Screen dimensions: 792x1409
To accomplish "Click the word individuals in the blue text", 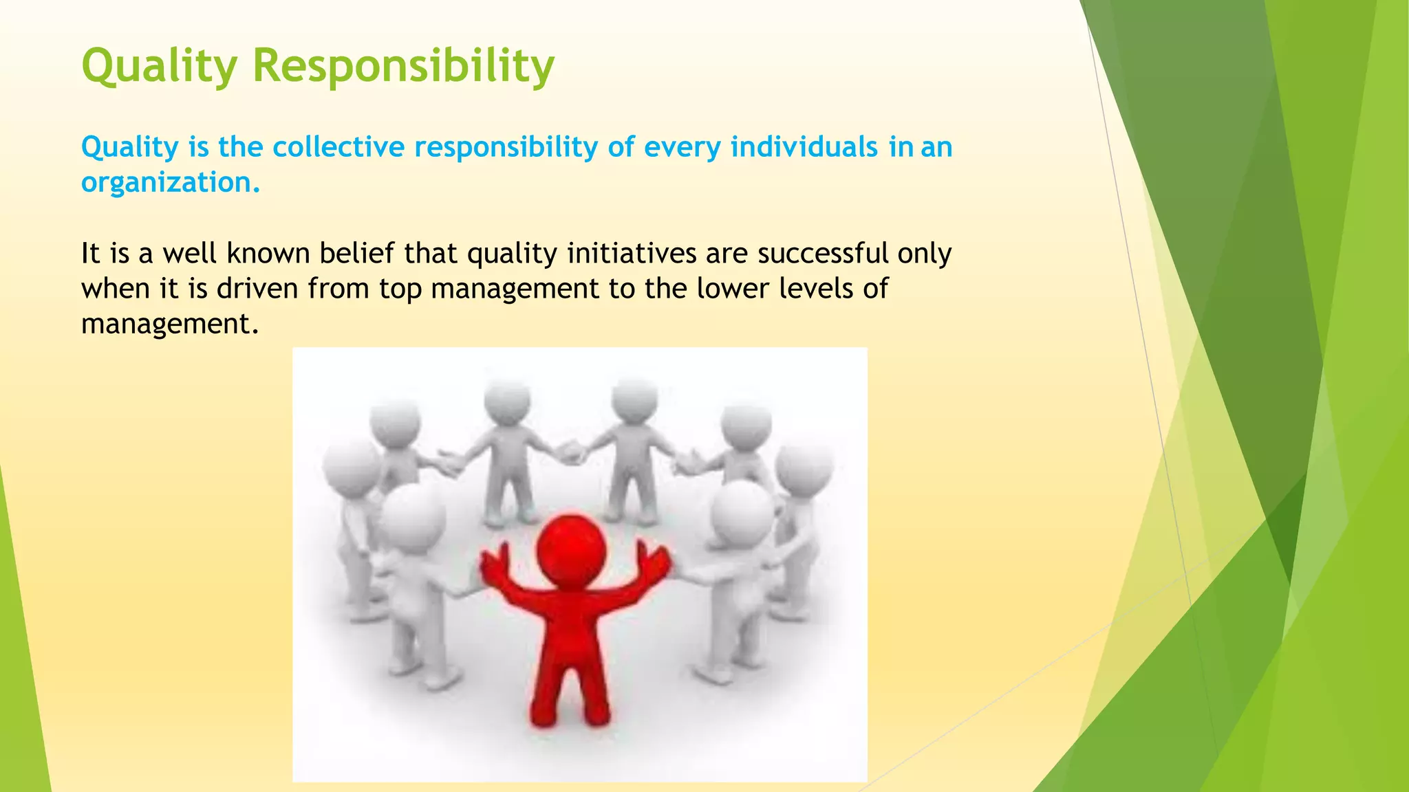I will click(x=804, y=147).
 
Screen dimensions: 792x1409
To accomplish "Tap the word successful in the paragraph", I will click(x=824, y=254).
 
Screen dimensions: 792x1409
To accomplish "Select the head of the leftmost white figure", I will click(x=350, y=465).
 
